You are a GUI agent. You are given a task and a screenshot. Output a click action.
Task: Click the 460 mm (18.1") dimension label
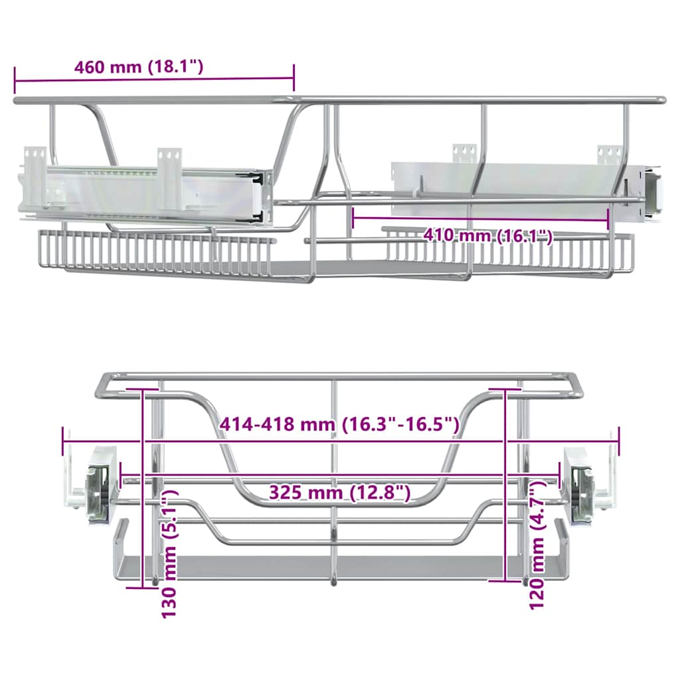pyautogui.click(x=138, y=67)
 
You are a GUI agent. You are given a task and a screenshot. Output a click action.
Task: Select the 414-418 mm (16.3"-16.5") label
pyautogui.click(x=339, y=424)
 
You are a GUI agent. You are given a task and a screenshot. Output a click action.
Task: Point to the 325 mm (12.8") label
pyautogui.click(x=339, y=492)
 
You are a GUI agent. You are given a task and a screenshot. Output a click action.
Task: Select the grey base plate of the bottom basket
pyautogui.click(x=332, y=566)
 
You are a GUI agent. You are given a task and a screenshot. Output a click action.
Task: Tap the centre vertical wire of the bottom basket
pyautogui.click(x=334, y=478)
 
